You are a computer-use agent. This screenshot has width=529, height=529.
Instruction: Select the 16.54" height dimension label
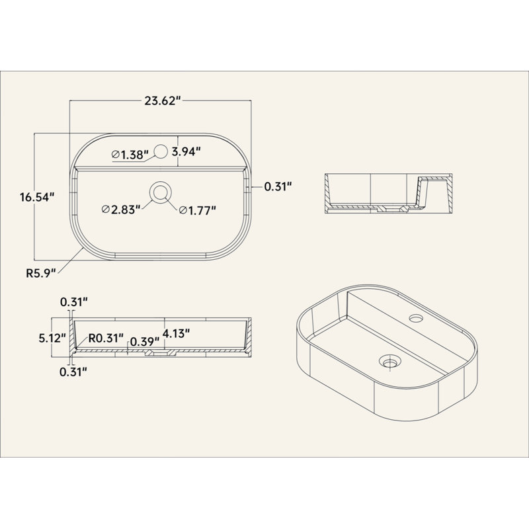click(37, 197)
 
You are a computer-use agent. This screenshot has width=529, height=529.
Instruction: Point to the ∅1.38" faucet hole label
click(130, 155)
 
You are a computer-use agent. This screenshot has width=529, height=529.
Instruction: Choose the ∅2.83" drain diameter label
click(121, 210)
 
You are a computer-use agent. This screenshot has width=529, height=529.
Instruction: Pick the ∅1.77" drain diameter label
click(197, 210)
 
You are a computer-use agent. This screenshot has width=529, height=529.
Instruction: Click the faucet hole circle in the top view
click(161, 151)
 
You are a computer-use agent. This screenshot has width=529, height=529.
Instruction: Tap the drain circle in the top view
click(161, 192)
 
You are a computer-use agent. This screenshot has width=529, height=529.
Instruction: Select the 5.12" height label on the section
click(52, 338)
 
